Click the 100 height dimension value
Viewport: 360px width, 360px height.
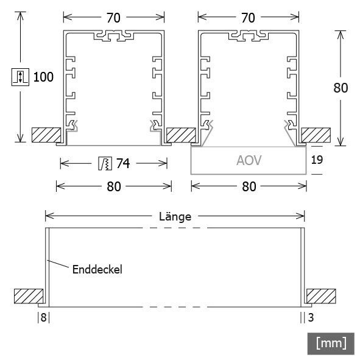click(44, 77)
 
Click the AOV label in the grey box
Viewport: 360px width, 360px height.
click(249, 161)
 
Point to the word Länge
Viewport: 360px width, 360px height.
click(175, 216)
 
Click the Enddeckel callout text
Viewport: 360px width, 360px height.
click(97, 268)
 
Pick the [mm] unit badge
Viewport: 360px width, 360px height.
click(331, 343)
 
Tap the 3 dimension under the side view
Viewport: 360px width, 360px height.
click(311, 317)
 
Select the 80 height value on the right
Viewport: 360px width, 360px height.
click(341, 88)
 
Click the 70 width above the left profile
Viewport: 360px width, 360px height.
click(113, 18)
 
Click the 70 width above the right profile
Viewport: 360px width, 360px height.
click(248, 18)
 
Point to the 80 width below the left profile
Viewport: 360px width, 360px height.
click(114, 186)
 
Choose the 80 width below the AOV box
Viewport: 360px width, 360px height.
click(249, 186)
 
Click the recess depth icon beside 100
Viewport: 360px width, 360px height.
click(20, 77)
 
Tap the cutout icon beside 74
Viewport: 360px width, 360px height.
click(104, 163)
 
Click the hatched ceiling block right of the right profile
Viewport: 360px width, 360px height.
click(316, 135)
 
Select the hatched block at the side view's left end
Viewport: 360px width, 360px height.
click(29, 296)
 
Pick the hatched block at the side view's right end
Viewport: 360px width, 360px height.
click(321, 296)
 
